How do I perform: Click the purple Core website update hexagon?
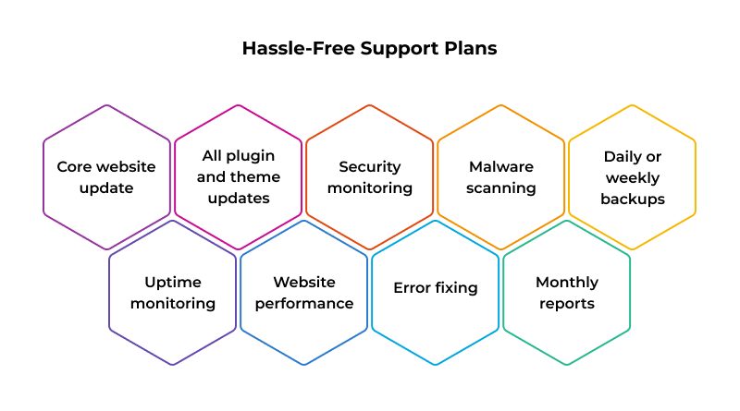coord(106,177)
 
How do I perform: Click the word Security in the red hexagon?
coord(369,167)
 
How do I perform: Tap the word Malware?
coord(500,167)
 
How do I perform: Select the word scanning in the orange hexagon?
coord(500,188)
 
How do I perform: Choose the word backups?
coord(632,199)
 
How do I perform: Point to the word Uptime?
coord(172,282)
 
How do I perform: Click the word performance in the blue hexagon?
coord(303,303)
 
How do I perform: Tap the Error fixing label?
coord(435,288)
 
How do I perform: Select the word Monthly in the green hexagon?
coord(566,282)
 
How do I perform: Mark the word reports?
coord(566,303)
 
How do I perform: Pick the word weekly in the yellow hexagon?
coord(632,177)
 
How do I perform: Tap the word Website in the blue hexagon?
coord(303,282)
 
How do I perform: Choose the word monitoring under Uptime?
coord(172,303)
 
